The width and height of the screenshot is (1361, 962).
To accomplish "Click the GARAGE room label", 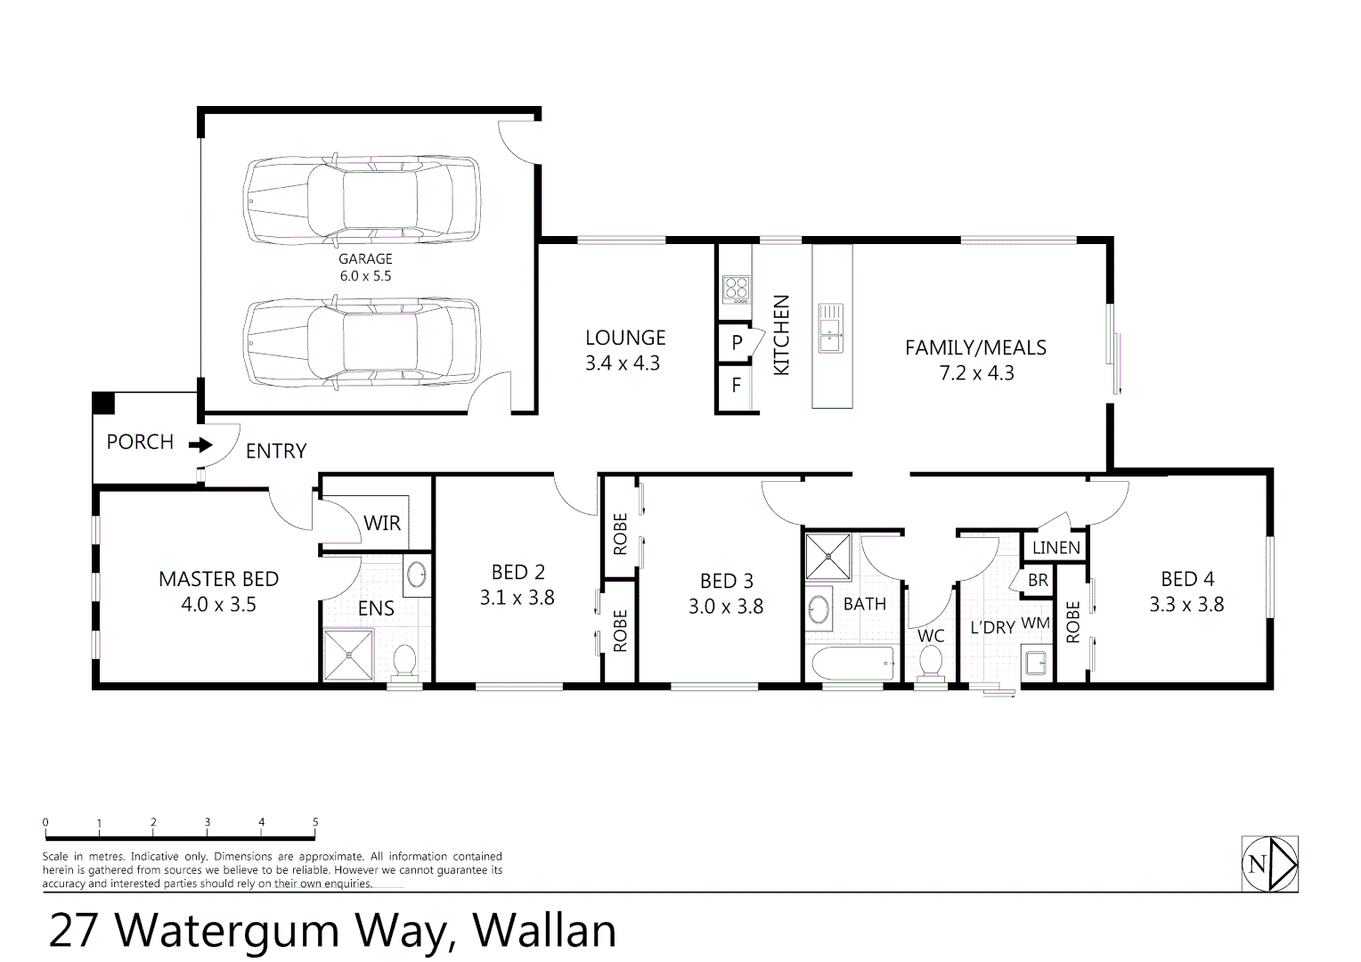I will (x=365, y=259).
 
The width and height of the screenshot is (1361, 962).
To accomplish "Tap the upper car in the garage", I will (x=362, y=200).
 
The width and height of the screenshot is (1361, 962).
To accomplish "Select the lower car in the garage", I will (x=362, y=343).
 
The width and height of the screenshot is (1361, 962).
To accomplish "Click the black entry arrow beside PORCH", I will (x=201, y=444).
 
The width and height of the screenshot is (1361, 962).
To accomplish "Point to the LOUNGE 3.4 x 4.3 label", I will (x=624, y=350).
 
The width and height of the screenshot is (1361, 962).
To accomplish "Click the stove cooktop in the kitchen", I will (x=736, y=288).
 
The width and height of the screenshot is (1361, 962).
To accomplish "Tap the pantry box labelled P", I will (x=737, y=342).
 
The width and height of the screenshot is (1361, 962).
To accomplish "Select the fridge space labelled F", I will (x=736, y=386).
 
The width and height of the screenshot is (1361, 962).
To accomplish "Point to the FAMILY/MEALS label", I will (x=975, y=348).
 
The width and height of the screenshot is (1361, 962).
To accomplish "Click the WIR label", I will (x=382, y=523).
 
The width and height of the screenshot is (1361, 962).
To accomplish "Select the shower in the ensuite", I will (x=348, y=655).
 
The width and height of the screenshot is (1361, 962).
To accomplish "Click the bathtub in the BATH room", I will (x=852, y=664).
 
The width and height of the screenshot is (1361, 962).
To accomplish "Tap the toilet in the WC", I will (x=931, y=662).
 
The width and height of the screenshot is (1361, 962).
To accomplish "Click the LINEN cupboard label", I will (x=1056, y=548).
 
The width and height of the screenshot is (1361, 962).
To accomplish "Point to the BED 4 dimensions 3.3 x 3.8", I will (x=1186, y=605).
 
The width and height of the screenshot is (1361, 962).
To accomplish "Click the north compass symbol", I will (x=1269, y=863).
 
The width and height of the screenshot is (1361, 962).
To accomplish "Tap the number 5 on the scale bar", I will (x=315, y=822).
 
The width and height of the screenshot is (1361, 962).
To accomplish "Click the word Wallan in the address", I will (x=544, y=931).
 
